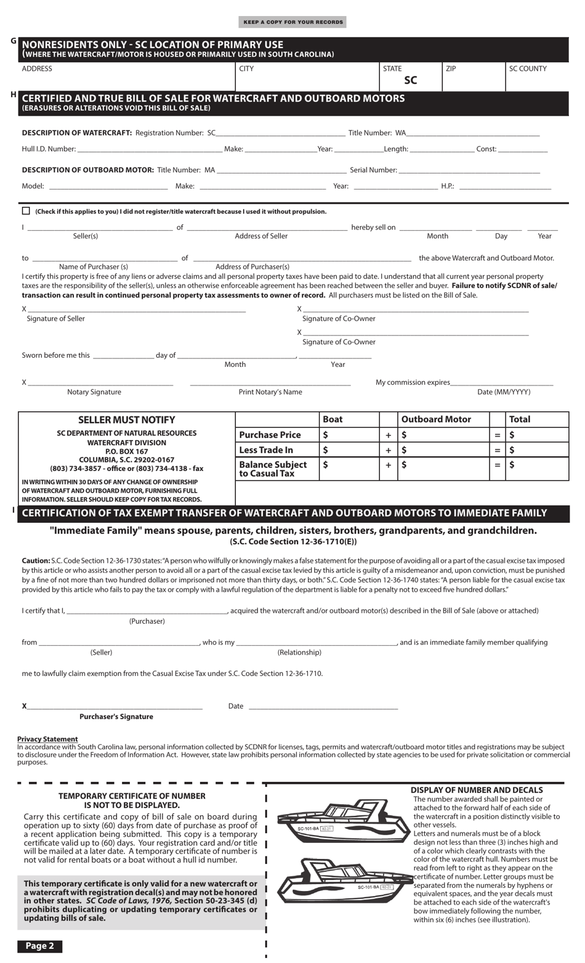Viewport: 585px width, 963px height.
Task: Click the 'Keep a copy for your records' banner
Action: click(292, 22)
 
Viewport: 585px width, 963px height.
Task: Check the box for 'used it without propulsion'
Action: click(26, 211)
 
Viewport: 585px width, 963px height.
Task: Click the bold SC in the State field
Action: click(410, 81)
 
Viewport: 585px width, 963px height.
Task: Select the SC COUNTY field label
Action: click(528, 69)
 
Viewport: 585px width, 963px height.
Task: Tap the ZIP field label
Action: click(451, 69)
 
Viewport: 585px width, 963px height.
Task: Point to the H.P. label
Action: click(448, 186)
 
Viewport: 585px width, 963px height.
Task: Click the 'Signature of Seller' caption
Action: click(56, 319)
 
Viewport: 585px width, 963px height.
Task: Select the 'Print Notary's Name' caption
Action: click(270, 392)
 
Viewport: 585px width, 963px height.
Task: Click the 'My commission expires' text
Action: click(413, 382)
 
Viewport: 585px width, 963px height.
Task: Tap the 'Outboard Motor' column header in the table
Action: click(436, 419)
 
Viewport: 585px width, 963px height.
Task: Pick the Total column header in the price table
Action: click(520, 419)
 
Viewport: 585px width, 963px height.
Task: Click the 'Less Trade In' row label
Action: click(266, 450)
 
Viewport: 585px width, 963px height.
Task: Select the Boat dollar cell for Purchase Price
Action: click(349, 435)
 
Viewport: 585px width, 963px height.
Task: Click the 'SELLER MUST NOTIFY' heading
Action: click(126, 420)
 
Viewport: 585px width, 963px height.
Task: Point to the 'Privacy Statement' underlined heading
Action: click(47, 739)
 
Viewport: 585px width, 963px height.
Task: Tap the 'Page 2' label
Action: click(40, 946)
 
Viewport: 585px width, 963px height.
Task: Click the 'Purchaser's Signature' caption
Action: click(116, 717)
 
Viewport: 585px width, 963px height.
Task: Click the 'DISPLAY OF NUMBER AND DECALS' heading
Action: click(477, 790)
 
